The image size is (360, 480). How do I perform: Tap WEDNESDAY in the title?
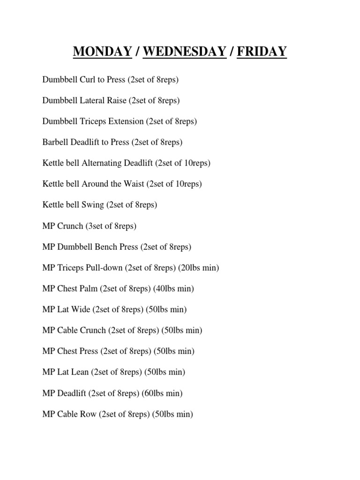184,51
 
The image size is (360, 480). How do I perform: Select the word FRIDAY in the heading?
262,51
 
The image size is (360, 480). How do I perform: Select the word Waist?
135,184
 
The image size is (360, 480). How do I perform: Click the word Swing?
92,205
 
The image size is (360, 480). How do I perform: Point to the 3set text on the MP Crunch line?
94,226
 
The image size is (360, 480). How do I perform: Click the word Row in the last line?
89,414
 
